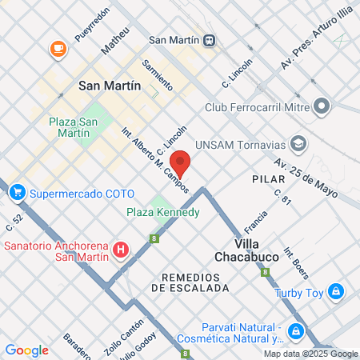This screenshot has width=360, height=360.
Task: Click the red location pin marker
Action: tap(182, 162)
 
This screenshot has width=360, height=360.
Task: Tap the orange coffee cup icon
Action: tap(58, 49)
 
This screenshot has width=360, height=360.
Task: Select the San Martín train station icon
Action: tap(208, 39)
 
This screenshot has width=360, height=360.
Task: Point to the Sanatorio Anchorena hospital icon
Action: tap(121, 250)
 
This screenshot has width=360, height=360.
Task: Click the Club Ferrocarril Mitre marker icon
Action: tap(322, 106)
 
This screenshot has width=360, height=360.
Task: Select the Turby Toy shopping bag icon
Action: tap(336, 291)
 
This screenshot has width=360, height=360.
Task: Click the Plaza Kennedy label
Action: tap(163, 212)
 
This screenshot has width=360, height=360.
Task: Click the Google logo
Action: tap(26, 350)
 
